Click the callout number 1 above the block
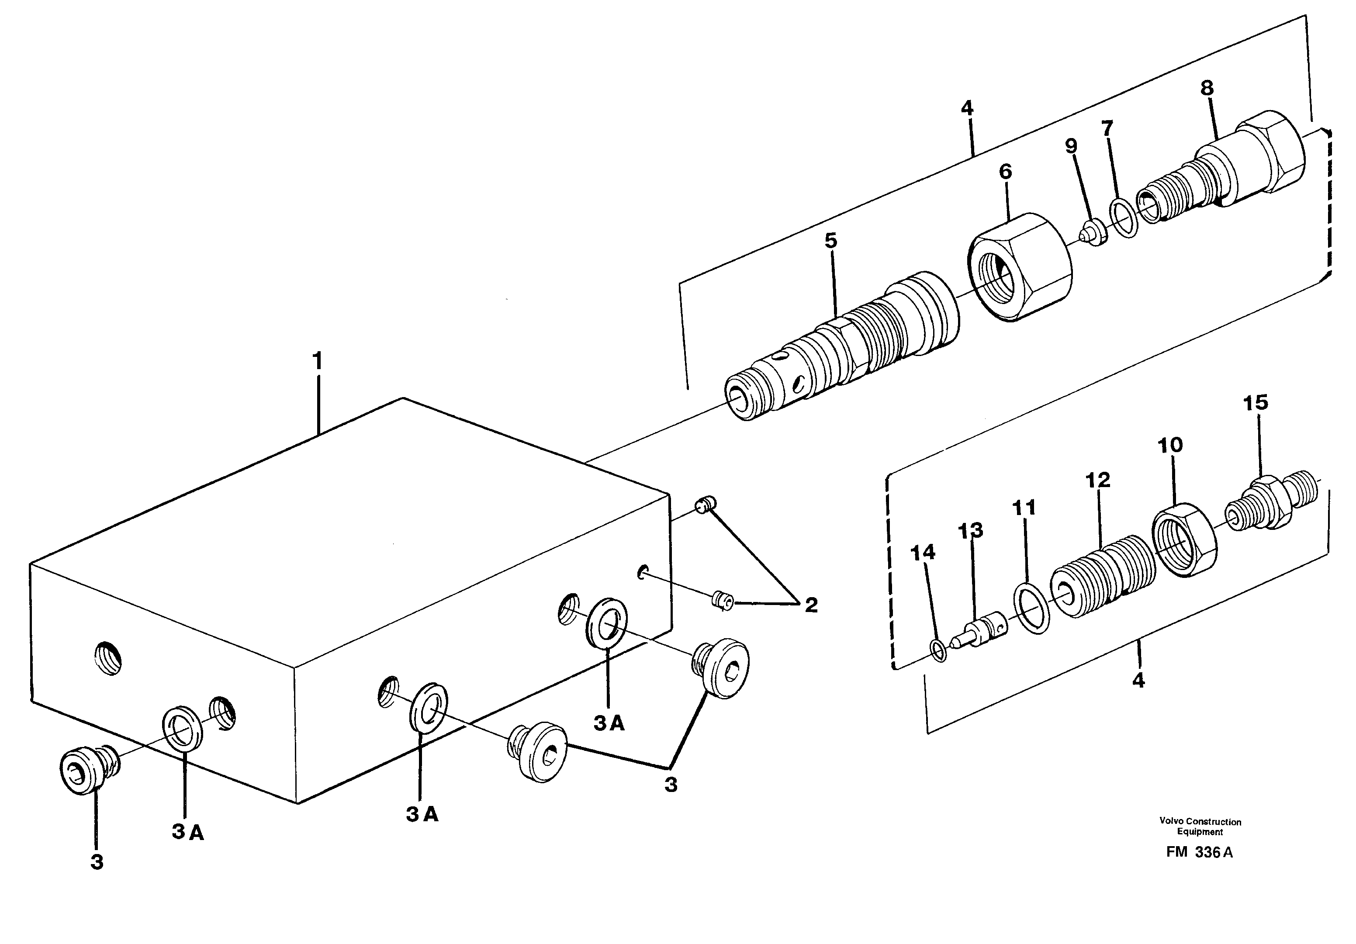pyautogui.click(x=318, y=361)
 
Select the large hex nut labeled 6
pyautogui.click(x=1019, y=267)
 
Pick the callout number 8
pyautogui.click(x=1207, y=88)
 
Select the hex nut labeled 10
pyautogui.click(x=1185, y=539)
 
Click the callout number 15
pyautogui.click(x=1256, y=403)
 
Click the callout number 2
pyautogui.click(x=811, y=605)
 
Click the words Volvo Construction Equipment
pyautogui.click(x=1200, y=826)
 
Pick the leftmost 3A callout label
pyautogui.click(x=188, y=832)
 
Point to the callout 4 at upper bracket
pyautogui.click(x=967, y=108)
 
